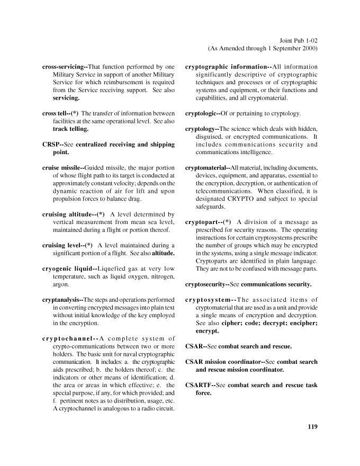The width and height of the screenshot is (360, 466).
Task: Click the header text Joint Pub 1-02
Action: (x=297, y=40)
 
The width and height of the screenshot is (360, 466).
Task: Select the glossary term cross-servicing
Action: (x=64, y=67)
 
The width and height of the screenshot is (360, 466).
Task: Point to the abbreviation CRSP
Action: (x=51, y=144)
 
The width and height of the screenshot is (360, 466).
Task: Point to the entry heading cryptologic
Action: (x=204, y=113)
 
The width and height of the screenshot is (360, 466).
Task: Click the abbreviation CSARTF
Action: (x=198, y=385)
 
